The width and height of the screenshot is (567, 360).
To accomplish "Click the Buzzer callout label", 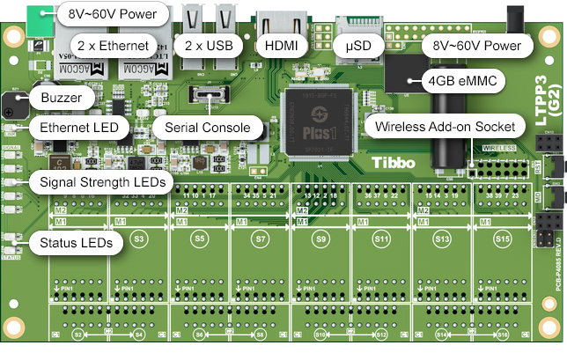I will [x=62, y=98].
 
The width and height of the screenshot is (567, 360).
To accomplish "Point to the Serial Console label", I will [x=208, y=128].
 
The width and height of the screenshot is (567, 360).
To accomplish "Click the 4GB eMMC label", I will [x=461, y=81].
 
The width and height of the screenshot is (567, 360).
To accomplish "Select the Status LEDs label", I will [x=76, y=243].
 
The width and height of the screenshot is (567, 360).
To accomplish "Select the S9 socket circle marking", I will [x=321, y=239].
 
